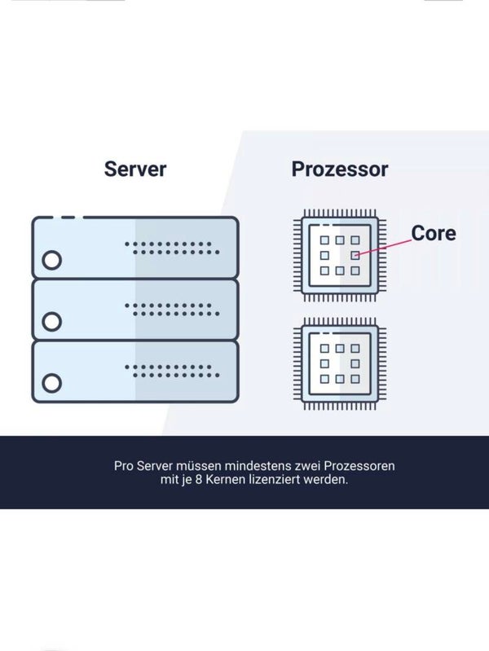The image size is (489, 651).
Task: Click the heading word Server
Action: tap(135, 169)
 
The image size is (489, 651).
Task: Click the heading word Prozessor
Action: tap(340, 169)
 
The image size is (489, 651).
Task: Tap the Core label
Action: tap(433, 233)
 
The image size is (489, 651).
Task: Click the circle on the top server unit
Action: tap(51, 261)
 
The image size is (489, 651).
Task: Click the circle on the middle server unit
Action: tap(51, 321)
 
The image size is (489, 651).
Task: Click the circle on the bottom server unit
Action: tap(51, 382)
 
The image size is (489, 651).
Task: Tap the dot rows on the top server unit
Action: tap(171, 248)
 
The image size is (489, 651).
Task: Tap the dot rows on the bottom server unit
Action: tap(171, 370)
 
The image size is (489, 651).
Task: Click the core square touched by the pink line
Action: tap(355, 255)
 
